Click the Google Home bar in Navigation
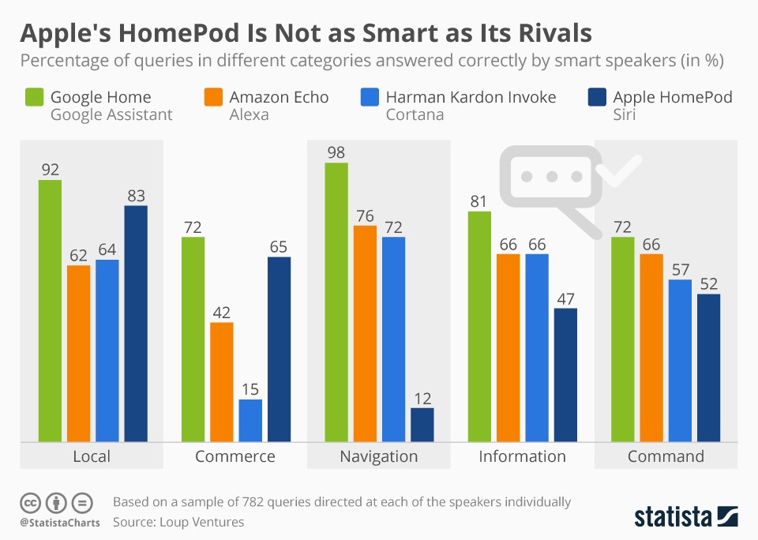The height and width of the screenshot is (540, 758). click(336, 302)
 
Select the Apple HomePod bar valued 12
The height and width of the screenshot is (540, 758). click(422, 425)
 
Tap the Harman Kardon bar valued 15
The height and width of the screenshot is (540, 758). click(250, 420)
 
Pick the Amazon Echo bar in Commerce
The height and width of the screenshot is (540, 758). click(222, 381)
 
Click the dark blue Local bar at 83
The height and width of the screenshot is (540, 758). click(136, 324)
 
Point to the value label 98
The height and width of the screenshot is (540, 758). click(336, 152)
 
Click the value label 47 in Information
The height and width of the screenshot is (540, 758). click(565, 298)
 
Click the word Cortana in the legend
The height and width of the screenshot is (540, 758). click(415, 115)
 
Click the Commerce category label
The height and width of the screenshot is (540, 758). click(235, 456)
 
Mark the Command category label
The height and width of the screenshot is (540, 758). click(666, 456)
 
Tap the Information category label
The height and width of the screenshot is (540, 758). click(522, 456)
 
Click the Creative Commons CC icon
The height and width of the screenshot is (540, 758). click(31, 502)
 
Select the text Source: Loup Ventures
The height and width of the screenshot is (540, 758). click(178, 522)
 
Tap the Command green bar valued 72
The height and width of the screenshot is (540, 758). click(623, 339)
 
